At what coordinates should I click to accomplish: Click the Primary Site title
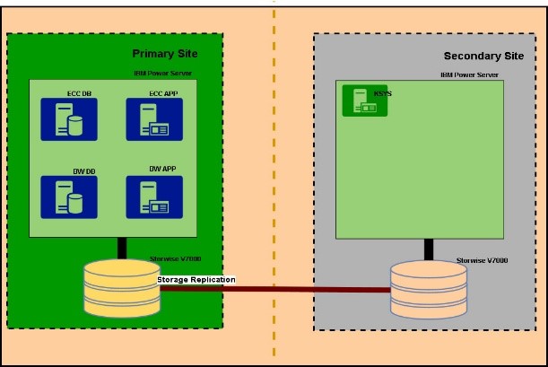coord(171,54)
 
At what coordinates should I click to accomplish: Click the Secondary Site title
coord(483,56)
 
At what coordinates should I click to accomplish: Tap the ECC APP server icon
coord(154,119)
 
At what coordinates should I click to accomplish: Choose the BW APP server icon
coord(154,197)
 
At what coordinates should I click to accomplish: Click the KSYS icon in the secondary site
coord(364,100)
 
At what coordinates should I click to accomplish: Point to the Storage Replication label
coord(196,280)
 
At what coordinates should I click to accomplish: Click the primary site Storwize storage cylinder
coord(120,287)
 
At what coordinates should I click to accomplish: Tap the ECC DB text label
coord(80,92)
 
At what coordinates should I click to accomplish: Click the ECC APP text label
coord(163,92)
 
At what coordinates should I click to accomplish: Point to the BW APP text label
coord(163,169)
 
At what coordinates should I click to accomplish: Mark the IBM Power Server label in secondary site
coord(470,75)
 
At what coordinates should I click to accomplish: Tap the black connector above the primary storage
coord(120,248)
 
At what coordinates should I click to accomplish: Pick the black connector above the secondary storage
coord(430,249)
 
